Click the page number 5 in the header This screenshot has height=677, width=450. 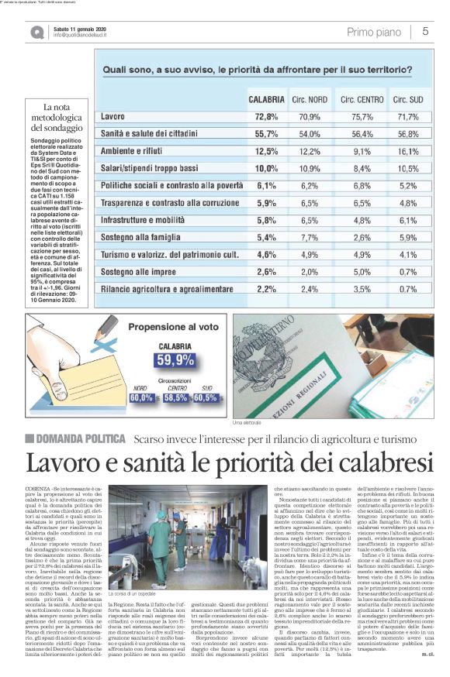(426, 31)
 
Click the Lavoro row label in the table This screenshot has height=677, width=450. (113, 117)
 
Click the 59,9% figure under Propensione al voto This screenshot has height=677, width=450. (175, 359)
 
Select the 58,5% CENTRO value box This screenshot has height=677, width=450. (175, 397)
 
